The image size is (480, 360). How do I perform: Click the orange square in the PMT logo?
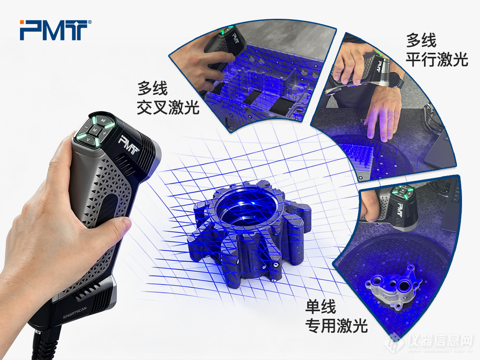pyautogui.click(x=22, y=22)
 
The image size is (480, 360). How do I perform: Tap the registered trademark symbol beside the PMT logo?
pyautogui.click(x=90, y=22)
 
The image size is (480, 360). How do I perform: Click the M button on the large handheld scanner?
pyautogui.click(x=95, y=130)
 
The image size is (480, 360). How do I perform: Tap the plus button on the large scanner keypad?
pyautogui.click(x=105, y=133)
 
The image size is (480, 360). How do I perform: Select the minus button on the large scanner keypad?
pyautogui.click(x=86, y=127)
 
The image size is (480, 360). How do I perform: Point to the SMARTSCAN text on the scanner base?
pyautogui.click(x=75, y=313)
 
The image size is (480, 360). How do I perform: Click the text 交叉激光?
pyautogui.click(x=168, y=107)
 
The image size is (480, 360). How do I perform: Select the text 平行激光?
pyautogui.click(x=437, y=59)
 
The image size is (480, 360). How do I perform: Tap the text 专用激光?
pyautogui.click(x=336, y=326)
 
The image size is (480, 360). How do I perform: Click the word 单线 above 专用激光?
pyautogui.click(x=320, y=307)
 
